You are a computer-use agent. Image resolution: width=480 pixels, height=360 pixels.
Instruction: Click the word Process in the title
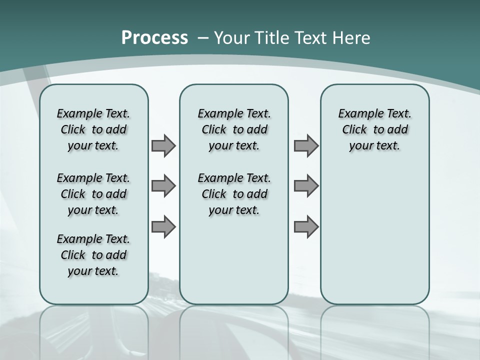coord(154,38)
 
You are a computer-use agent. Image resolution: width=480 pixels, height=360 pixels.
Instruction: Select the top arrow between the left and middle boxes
coord(163,145)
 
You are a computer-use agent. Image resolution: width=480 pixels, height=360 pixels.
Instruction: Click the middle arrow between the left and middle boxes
coord(163,186)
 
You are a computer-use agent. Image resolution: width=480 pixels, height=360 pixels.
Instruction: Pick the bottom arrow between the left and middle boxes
coord(163,226)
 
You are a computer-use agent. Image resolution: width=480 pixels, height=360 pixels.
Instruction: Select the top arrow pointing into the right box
coord(305,145)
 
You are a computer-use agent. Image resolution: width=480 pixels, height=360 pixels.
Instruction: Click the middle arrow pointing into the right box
coord(305,186)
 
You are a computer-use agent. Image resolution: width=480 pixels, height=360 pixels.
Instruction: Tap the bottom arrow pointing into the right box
coord(305,226)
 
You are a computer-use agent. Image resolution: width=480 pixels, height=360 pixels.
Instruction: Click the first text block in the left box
coord(93,129)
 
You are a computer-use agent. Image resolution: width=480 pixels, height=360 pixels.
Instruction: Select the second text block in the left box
coord(93,194)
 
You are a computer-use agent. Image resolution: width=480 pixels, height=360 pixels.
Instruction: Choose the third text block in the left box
coord(93,255)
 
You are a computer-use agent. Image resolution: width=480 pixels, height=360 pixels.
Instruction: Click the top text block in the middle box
coord(234,129)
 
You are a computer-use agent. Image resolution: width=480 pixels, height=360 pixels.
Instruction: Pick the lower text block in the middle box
coord(234,194)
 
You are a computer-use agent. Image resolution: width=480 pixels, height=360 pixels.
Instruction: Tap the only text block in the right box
coord(374,129)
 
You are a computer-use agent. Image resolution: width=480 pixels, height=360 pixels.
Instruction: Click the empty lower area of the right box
coord(374,235)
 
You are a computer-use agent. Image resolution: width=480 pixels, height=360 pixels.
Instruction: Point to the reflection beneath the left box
coord(93,330)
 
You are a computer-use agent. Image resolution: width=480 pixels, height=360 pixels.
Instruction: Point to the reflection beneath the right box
coord(374,330)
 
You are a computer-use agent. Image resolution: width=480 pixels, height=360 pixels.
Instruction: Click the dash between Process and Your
coord(203,38)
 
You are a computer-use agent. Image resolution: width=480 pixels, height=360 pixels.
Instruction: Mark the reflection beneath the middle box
coord(234,330)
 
